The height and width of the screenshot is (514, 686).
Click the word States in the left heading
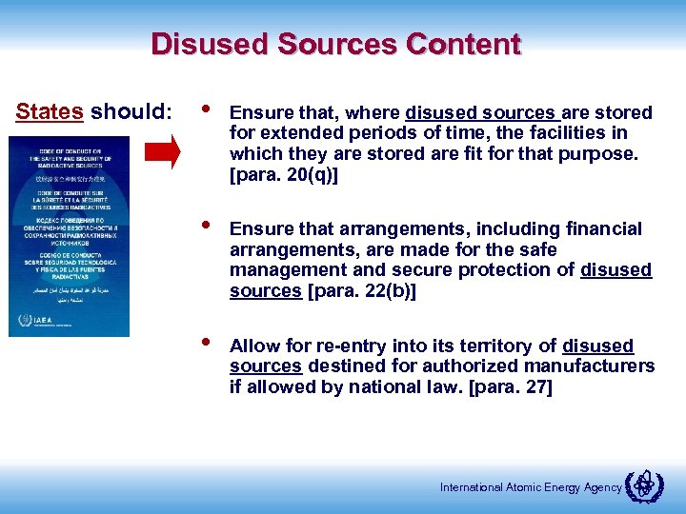(50, 111)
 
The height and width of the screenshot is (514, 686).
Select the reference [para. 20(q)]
(281, 176)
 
